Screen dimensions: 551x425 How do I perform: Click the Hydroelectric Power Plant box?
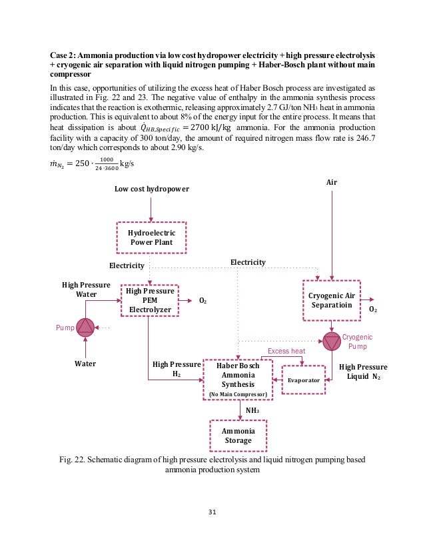[x=151, y=237]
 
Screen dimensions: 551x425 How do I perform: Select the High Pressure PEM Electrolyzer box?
[x=151, y=300]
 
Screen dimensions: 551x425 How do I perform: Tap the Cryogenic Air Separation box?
[x=331, y=300]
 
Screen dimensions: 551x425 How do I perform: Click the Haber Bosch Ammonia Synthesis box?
[x=238, y=380]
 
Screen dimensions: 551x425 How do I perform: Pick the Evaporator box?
[x=304, y=380]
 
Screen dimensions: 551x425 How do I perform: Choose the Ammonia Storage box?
[x=238, y=436]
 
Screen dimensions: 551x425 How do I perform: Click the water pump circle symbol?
[x=85, y=327]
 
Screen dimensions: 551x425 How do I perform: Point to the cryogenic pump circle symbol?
[x=331, y=342]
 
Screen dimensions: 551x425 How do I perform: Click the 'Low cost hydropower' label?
[x=151, y=189]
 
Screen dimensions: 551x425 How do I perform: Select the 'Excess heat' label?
[x=286, y=351]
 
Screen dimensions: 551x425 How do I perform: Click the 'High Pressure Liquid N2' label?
[x=363, y=372]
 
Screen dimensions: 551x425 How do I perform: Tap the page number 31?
[x=212, y=512]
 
